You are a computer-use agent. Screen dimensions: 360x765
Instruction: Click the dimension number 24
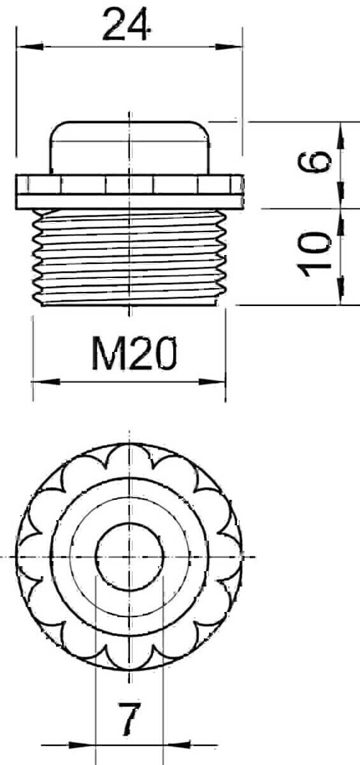pyautogui.click(x=127, y=24)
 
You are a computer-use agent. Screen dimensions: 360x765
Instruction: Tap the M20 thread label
pyautogui.click(x=134, y=353)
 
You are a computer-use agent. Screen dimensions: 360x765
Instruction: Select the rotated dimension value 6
pyautogui.click(x=314, y=162)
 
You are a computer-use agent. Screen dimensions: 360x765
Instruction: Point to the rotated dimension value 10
pyautogui.click(x=314, y=254)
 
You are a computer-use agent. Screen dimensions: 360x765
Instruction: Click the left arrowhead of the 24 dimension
pyautogui.click(x=30, y=47)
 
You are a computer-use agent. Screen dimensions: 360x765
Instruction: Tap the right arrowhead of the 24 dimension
pyautogui.click(x=229, y=47)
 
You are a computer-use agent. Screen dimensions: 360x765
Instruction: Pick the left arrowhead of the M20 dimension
pyautogui.click(x=46, y=382)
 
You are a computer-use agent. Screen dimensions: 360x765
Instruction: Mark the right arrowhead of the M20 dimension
pyautogui.click(x=212, y=382)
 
